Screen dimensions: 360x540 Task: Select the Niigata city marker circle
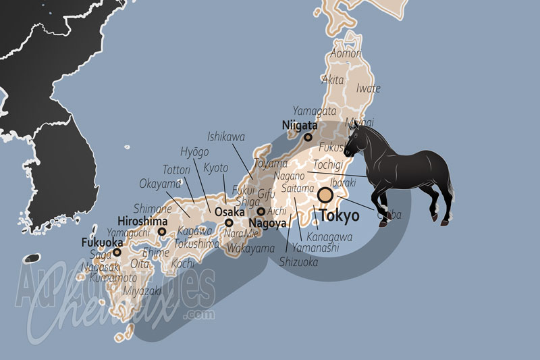[308, 137]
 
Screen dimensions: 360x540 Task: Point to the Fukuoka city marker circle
[117, 252]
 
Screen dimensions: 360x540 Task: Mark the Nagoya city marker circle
[261, 211]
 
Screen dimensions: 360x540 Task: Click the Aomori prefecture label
[346, 53]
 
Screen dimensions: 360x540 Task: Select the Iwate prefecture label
[368, 88]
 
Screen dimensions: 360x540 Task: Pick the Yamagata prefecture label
[315, 110]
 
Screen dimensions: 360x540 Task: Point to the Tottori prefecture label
[177, 169]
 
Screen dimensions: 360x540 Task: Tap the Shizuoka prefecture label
[298, 262]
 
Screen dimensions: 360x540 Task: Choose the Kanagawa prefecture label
[329, 237]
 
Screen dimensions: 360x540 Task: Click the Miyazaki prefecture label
[142, 291]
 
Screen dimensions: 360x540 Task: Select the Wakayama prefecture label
[251, 249]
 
